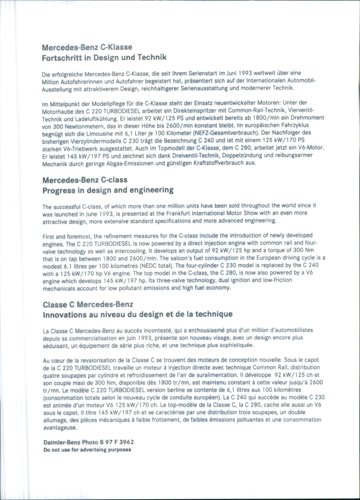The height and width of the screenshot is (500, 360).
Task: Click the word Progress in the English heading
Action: (59, 190)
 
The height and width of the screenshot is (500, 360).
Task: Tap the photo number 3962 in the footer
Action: (127, 442)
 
